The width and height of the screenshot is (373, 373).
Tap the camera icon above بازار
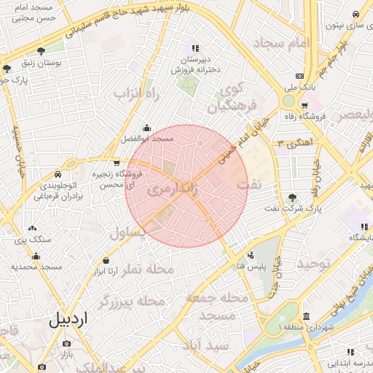[x=66, y=343]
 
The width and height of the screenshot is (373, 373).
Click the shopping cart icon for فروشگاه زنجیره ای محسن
[x=117, y=163]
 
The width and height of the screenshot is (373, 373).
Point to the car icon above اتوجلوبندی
[x=57, y=175]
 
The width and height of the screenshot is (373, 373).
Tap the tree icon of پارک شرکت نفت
[x=292, y=197]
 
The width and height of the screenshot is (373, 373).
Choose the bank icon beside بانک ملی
[x=299, y=76]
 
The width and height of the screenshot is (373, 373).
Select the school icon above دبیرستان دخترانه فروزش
[x=194, y=47]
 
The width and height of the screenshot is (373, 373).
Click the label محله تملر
[x=149, y=269]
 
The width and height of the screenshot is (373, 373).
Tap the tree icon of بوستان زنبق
[x=42, y=51]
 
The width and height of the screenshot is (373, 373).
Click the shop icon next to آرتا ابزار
[x=106, y=260]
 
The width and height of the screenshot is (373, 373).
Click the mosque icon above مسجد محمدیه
[x=36, y=256]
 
